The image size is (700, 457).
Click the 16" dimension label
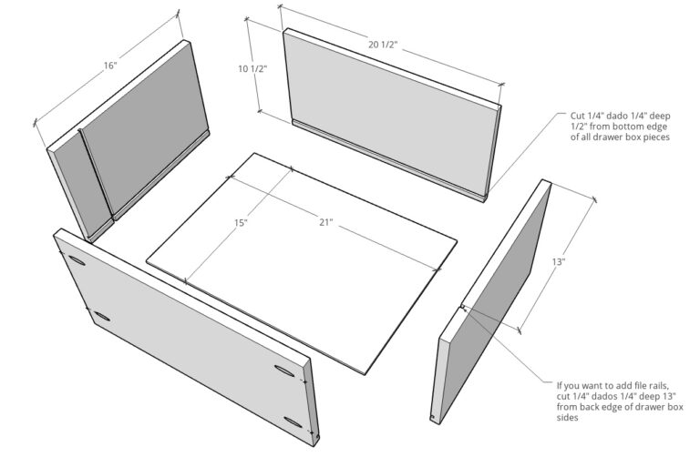point(109,66)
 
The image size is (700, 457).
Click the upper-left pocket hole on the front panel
point(77,263)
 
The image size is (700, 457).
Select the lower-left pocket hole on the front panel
point(100,318)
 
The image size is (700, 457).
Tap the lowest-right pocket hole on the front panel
point(293,421)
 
